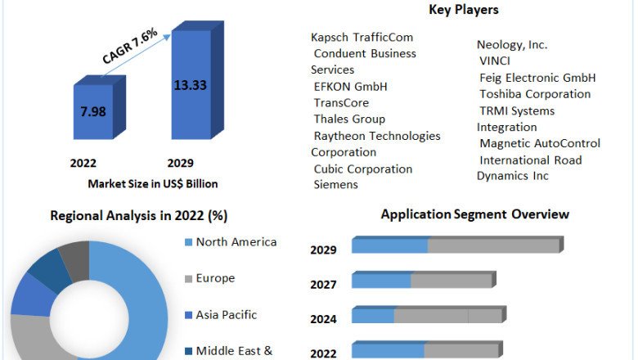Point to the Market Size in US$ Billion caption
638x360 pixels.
pyautogui.click(x=153, y=183)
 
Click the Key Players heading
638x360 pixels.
pyautogui.click(x=464, y=10)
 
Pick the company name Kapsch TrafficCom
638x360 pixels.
pyautogui.click(x=362, y=38)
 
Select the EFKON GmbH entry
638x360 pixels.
pyautogui.click(x=350, y=87)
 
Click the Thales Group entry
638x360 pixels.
pyautogui.click(x=349, y=119)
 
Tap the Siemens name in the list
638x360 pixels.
pyautogui.click(x=335, y=185)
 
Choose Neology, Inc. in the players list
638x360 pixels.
pyautogui.click(x=512, y=45)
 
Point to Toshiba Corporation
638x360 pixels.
pyautogui.click(x=535, y=94)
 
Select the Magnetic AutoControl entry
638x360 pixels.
pyautogui.click(x=540, y=143)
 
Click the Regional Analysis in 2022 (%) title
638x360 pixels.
pyautogui.click(x=139, y=216)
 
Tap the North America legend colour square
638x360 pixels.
pyautogui.click(x=189, y=242)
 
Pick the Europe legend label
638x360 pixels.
pyautogui.click(x=215, y=278)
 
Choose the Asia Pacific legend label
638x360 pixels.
pyautogui.click(x=227, y=314)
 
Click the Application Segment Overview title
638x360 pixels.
pyautogui.click(x=475, y=214)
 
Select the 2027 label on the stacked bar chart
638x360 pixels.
pyautogui.click(x=323, y=284)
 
